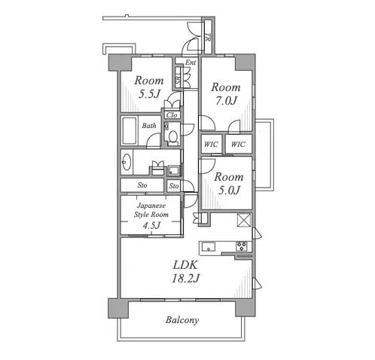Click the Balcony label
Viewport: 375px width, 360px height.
coord(182,320)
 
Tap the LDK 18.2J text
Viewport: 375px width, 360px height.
coord(186,272)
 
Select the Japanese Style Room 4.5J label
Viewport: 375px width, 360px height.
coord(151,215)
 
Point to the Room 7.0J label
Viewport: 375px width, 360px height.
coord(226,94)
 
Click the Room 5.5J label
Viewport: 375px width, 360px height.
coord(149,87)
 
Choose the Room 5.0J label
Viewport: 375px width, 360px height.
coord(229,184)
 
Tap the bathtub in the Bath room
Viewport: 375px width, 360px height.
coord(130,130)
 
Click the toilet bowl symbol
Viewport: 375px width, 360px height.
coord(173,136)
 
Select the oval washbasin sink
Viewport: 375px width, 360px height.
coord(126,162)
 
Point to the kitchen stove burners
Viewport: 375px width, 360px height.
coord(242,246)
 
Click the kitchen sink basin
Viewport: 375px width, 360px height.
coord(209,246)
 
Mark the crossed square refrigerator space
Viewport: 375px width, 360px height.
coord(244,220)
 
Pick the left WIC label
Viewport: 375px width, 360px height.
coord(211,145)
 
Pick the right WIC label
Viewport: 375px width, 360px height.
coord(238,145)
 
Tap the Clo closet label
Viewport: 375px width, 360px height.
coord(172,115)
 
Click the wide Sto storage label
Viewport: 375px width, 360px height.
coord(142,185)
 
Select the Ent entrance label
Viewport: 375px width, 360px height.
coord(191,63)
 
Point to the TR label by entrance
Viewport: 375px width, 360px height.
coord(208,37)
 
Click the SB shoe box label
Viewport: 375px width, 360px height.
coord(178,80)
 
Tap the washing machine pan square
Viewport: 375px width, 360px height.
coord(172,170)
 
